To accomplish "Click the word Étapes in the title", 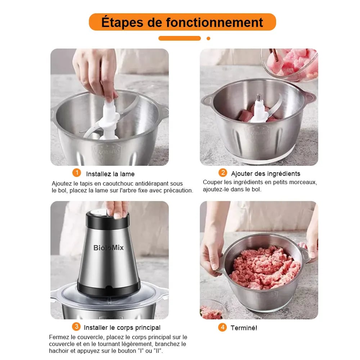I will [121, 22].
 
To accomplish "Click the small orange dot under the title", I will [208, 38].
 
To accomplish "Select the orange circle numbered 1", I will [76, 173].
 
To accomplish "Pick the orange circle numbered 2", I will [222, 173].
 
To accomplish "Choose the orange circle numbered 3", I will [76, 327].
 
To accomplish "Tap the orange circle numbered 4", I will [222, 327].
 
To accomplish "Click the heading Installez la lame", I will [110, 174].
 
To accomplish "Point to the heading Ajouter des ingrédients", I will [266, 174].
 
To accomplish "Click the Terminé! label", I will [244, 328].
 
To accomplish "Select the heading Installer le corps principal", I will [122, 328].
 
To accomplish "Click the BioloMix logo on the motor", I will [108, 247].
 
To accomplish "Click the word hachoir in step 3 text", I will [59, 351].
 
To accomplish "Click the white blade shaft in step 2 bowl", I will [259, 108].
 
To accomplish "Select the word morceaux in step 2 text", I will [301, 182].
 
